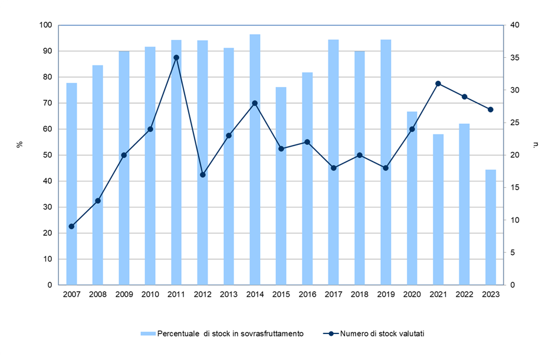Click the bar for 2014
(255, 159)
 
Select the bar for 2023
(491, 227)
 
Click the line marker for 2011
(176, 58)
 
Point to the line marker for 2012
(202, 174)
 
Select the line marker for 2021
(438, 84)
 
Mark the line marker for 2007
(71, 226)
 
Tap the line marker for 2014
(255, 103)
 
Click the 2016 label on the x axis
(307, 295)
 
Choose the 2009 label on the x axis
(124, 295)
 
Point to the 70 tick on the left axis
(47, 103)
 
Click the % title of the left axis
(19, 144)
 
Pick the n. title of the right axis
(535, 144)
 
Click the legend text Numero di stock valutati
(382, 333)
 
